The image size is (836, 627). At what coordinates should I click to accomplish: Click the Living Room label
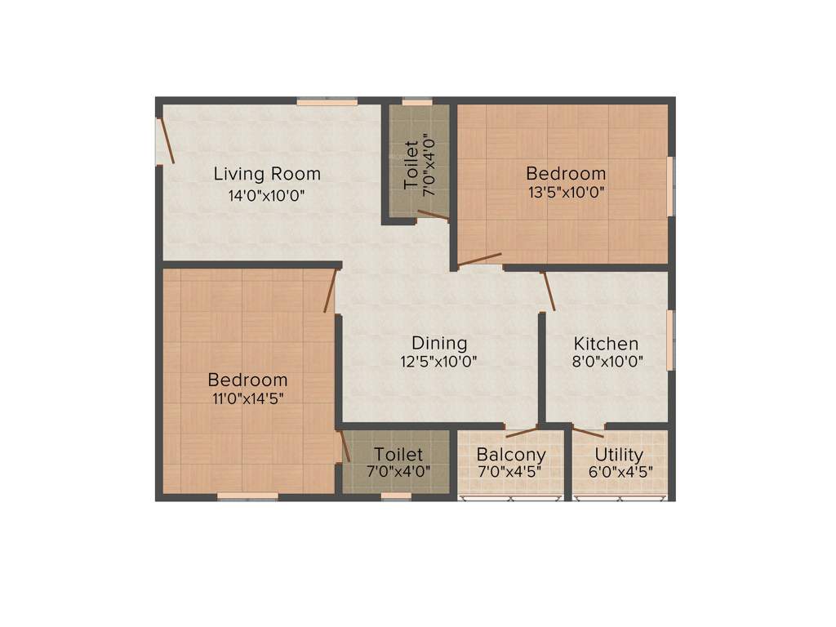tap(267, 174)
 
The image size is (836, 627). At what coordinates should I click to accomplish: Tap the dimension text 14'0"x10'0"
tap(267, 195)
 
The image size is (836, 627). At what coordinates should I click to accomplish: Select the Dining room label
tap(439, 343)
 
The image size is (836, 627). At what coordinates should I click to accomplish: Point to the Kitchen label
tap(606, 343)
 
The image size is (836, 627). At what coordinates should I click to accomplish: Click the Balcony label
tap(511, 454)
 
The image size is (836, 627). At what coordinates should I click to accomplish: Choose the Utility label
tap(619, 454)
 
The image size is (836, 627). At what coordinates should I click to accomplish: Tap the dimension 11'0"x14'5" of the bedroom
tap(247, 398)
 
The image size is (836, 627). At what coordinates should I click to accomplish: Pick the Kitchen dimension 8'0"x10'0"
tap(607, 361)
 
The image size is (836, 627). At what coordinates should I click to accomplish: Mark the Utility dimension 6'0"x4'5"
tap(620, 471)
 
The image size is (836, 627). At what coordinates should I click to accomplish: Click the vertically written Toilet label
tap(411, 163)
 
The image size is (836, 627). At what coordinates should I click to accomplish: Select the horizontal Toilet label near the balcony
tap(398, 454)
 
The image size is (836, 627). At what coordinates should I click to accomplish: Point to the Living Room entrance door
tap(166, 140)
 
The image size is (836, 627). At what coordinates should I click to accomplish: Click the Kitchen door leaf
tap(549, 291)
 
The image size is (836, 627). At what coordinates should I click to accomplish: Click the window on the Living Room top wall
tap(327, 102)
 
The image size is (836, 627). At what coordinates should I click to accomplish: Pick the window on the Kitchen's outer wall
tap(670, 340)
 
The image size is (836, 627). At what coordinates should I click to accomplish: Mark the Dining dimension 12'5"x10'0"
tap(439, 361)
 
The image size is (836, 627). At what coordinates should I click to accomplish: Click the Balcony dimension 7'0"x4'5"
tap(511, 471)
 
